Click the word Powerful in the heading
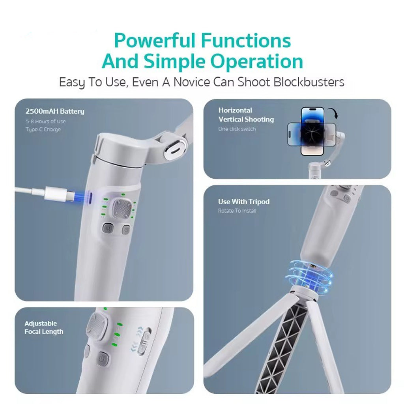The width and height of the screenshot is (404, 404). [154, 41]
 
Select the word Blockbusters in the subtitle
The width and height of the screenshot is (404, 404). [309, 82]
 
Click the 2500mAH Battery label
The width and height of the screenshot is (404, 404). [55, 111]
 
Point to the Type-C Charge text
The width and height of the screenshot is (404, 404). [43, 129]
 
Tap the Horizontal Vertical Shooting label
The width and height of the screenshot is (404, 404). [246, 115]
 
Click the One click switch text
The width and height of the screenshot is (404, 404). [237, 129]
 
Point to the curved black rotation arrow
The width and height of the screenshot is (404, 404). [333, 113]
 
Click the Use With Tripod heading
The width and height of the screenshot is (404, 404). [244, 202]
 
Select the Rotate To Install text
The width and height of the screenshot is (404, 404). [237, 211]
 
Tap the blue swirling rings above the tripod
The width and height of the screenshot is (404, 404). [311, 277]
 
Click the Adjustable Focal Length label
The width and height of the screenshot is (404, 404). [44, 327]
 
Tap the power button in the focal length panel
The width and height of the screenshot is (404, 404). [103, 359]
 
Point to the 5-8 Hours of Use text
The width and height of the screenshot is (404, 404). [46, 122]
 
